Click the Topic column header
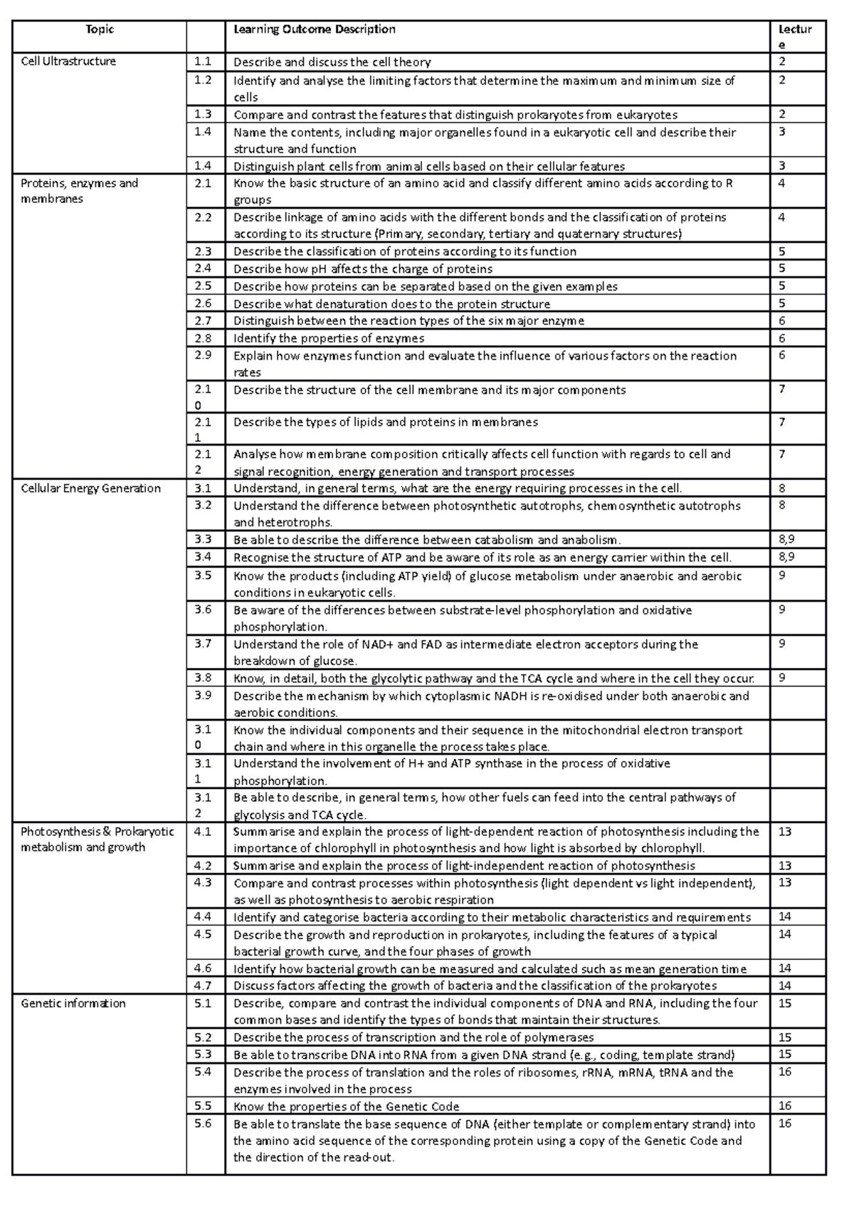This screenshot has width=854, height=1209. click(99, 29)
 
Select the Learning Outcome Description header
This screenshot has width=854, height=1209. click(314, 29)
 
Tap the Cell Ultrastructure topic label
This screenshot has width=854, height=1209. click(68, 61)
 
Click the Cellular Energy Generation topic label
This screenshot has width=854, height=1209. click(90, 488)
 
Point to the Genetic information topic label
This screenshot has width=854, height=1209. click(73, 1003)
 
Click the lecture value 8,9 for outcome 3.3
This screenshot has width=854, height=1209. click(787, 540)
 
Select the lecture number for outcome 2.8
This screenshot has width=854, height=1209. click(782, 338)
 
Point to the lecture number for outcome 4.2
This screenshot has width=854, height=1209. click(785, 866)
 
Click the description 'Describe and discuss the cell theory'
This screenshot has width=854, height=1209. click(332, 62)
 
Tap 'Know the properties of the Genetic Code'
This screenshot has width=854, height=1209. click(346, 1106)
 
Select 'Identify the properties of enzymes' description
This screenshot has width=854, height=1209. click(328, 338)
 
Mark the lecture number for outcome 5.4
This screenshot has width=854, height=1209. click(785, 1072)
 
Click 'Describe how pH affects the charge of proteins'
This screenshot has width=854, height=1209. click(362, 269)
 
